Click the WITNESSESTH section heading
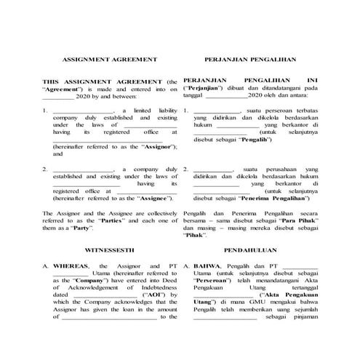point(109,249)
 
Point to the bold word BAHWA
point(207,267)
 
